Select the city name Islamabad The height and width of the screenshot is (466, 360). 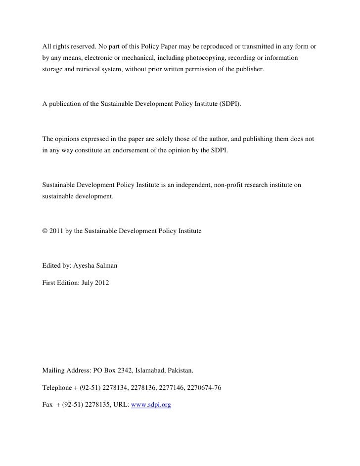point(151,370)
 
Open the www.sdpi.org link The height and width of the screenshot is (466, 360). point(150,405)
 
